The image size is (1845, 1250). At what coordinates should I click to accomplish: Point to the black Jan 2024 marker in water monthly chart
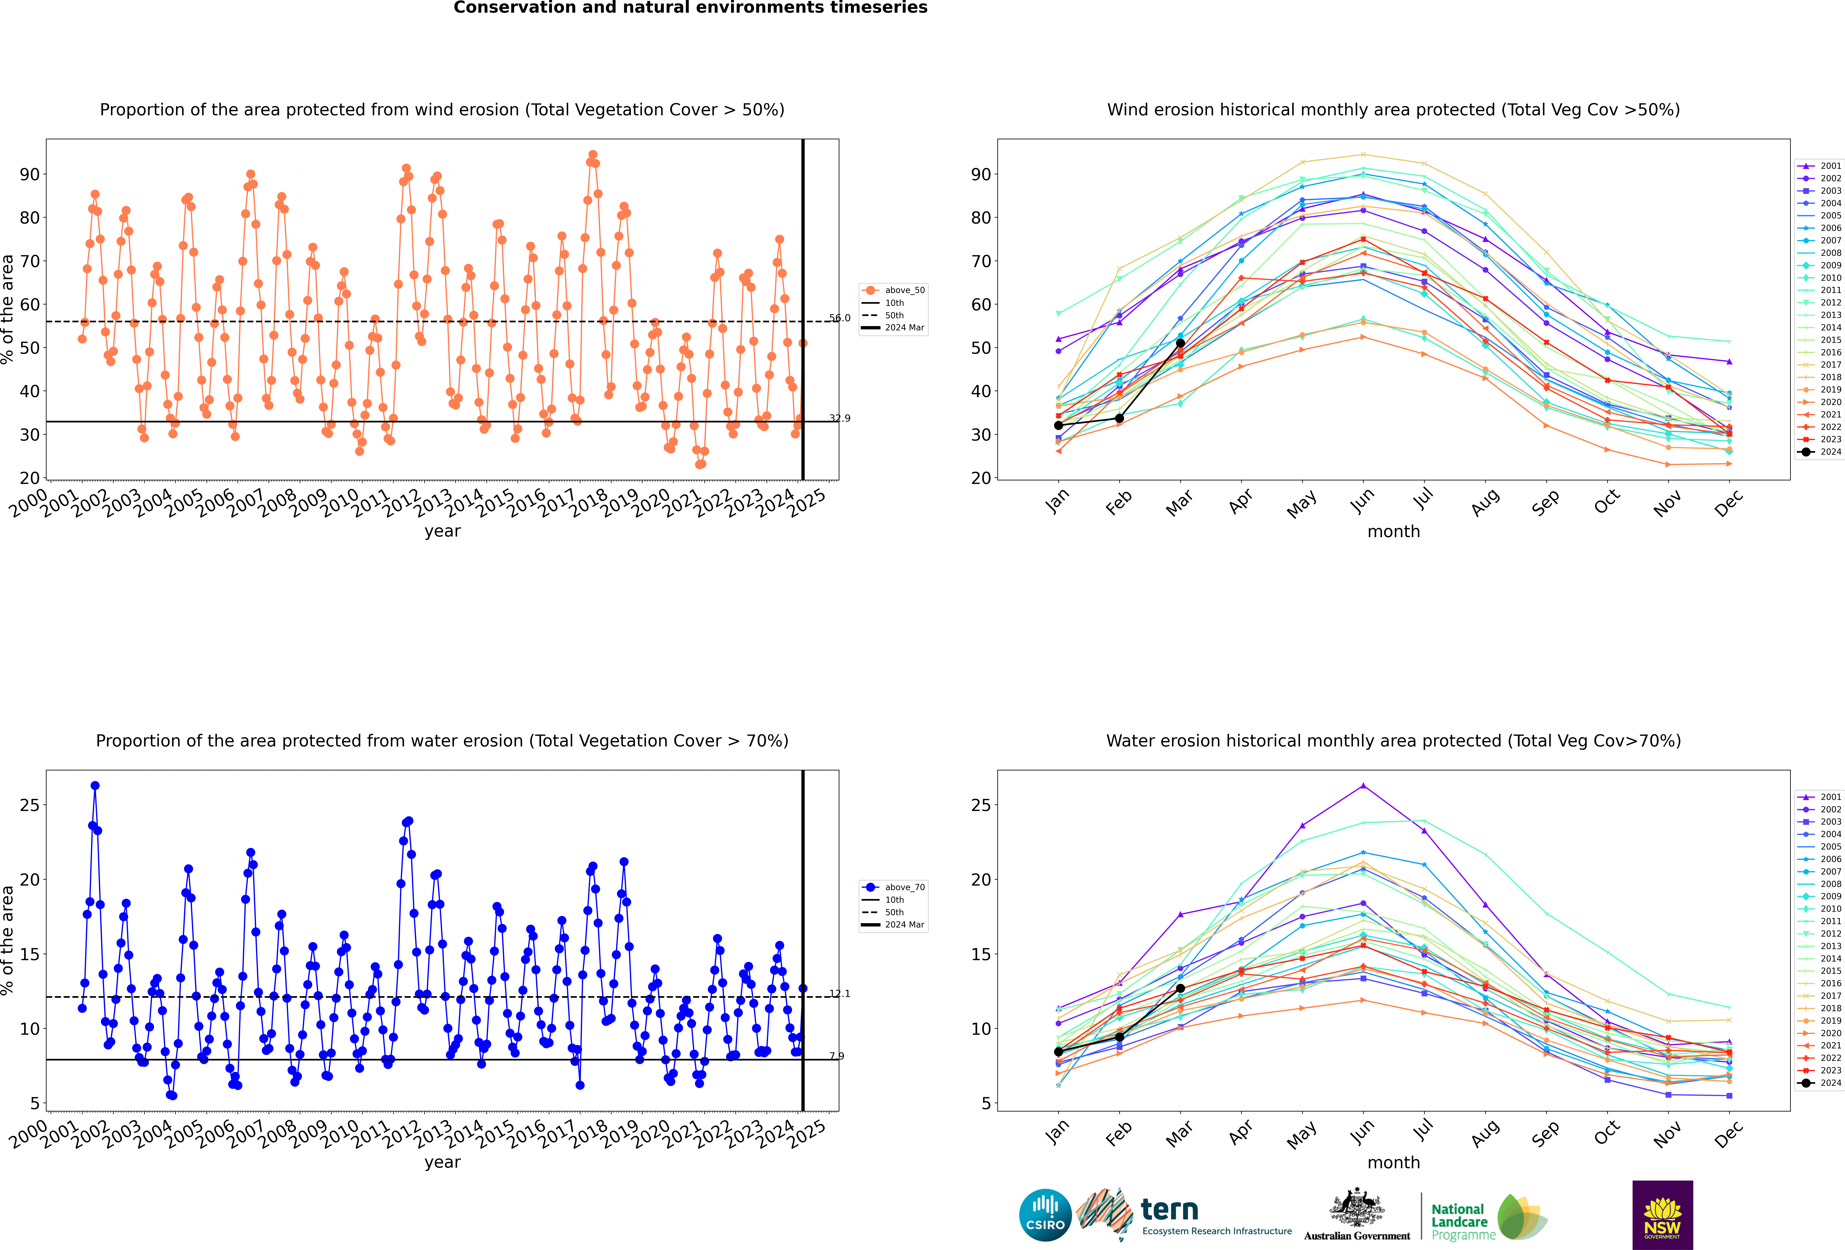[1058, 1052]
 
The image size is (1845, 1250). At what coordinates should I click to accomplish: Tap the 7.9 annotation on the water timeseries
[837, 1056]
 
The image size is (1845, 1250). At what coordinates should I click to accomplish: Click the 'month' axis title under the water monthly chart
[1393, 1163]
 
